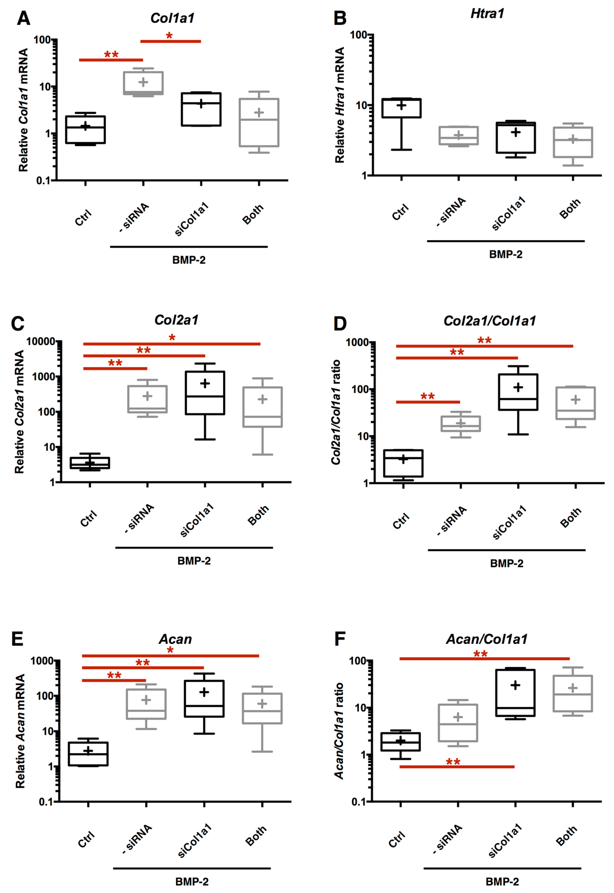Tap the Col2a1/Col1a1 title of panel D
pos(489,321)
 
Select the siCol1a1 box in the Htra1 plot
pos(516,138)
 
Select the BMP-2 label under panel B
pos(505,254)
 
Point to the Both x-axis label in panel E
pos(256,836)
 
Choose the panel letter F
pos(340,639)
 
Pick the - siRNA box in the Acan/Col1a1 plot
pos(458,722)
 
